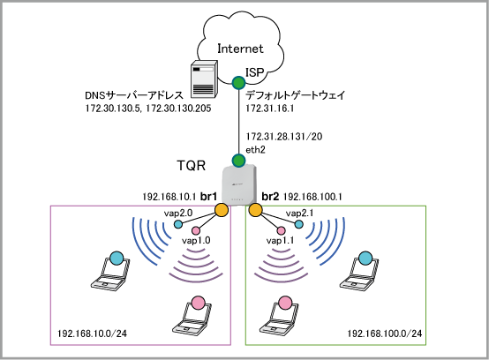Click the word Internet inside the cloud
[x=240, y=49]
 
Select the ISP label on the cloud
[x=255, y=72]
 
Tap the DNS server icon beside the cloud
[x=204, y=78]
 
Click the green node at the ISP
[x=239, y=83]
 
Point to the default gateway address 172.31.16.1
[x=270, y=109]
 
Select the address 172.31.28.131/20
[x=284, y=137]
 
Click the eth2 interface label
[x=255, y=150]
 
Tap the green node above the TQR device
[x=239, y=161]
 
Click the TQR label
[x=192, y=166]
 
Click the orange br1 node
[x=222, y=210]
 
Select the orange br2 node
[x=255, y=210]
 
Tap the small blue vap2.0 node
[x=178, y=224]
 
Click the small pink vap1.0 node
[x=196, y=230]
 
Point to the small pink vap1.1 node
[x=281, y=230]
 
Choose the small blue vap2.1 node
[x=298, y=224]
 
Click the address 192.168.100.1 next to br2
[x=312, y=197]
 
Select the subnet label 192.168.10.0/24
[x=92, y=334]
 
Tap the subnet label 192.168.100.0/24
[x=385, y=334]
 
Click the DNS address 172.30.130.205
[x=178, y=109]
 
